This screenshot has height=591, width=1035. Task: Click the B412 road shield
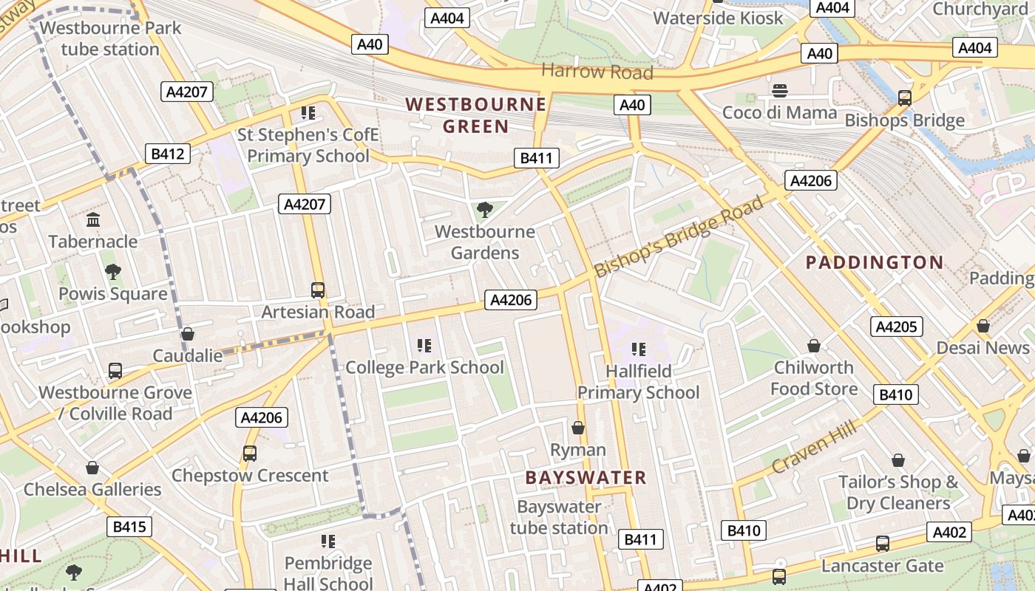pos(166,154)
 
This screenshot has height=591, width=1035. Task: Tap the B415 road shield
pos(129,527)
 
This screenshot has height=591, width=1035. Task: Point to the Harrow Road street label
pos(597,72)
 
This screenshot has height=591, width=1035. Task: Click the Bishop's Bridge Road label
pos(678,237)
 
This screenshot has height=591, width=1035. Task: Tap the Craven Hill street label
pos(814,446)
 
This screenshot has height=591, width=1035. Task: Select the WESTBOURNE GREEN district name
pos(476,115)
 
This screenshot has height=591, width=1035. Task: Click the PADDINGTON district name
pos(875,262)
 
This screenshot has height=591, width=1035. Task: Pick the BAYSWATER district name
pos(586,478)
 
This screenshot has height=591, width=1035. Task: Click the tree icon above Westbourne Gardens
pos(485,210)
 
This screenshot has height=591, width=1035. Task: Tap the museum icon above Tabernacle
pos(93,220)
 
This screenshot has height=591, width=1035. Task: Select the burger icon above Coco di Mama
pos(780,91)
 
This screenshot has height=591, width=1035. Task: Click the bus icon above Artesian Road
pos(318,290)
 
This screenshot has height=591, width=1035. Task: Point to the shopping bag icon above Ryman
pos(578,428)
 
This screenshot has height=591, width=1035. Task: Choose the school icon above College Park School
pos(424,346)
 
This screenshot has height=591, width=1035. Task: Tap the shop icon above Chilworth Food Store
pos(814,346)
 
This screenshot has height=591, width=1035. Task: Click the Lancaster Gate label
pos(883,566)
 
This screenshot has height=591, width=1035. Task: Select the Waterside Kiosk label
pos(718,18)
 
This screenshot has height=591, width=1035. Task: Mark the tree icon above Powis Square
pos(113,272)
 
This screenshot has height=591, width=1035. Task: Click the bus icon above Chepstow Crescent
pos(250,454)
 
